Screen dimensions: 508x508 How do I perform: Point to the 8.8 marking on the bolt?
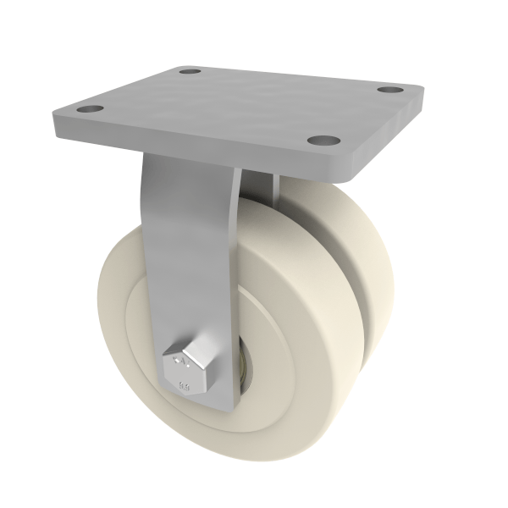(x=185, y=386)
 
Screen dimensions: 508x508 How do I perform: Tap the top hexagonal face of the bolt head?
(x=181, y=358)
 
